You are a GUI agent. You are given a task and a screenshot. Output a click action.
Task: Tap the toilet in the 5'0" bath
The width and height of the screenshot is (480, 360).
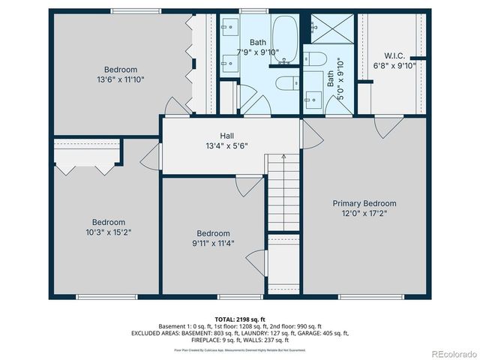313,60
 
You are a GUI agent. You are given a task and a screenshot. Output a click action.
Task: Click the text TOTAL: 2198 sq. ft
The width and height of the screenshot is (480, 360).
239,319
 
